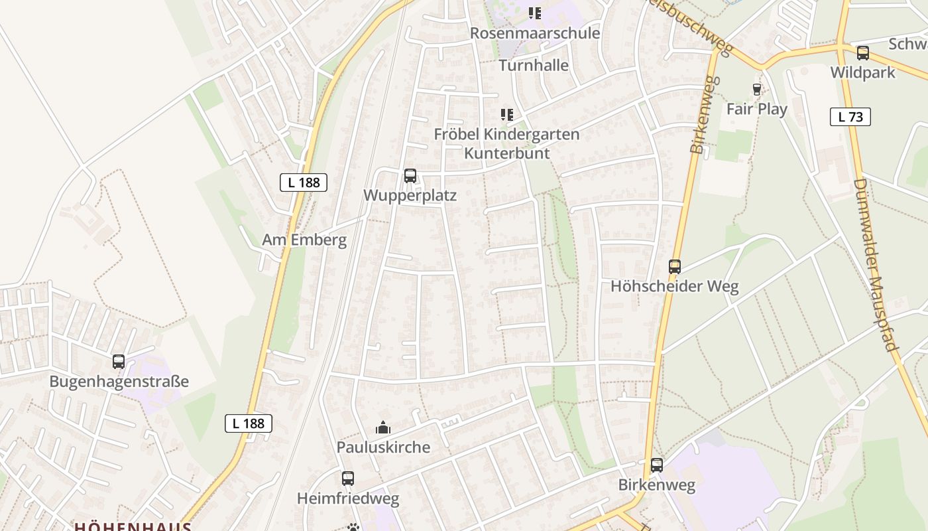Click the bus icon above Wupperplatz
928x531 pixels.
point(410,176)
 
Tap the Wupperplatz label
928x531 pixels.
point(410,196)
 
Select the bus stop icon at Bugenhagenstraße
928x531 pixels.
point(119,362)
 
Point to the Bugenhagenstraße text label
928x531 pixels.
point(119,382)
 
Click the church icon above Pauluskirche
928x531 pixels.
point(383,427)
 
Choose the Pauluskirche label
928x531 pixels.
point(383,447)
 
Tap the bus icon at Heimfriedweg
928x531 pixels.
point(348,479)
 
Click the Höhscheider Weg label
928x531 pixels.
point(674,287)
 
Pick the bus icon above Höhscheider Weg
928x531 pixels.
point(675,267)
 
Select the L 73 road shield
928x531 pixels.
point(850,117)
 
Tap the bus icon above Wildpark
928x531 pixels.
point(862,53)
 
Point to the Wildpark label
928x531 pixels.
point(862,72)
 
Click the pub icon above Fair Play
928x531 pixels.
point(756,90)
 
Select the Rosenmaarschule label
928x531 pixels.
point(535,33)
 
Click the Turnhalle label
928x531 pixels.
point(534,65)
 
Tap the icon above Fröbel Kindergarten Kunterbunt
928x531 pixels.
point(507,115)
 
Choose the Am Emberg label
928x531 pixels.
point(304,240)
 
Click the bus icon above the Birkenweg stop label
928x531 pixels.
point(657,465)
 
